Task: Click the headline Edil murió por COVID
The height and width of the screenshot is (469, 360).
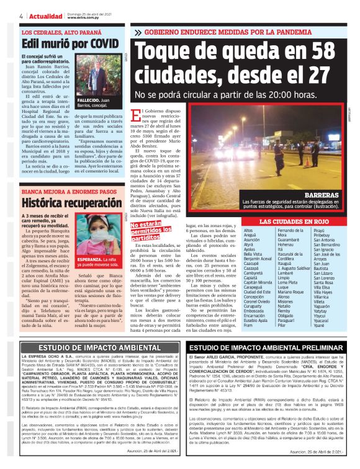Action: [70, 44]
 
